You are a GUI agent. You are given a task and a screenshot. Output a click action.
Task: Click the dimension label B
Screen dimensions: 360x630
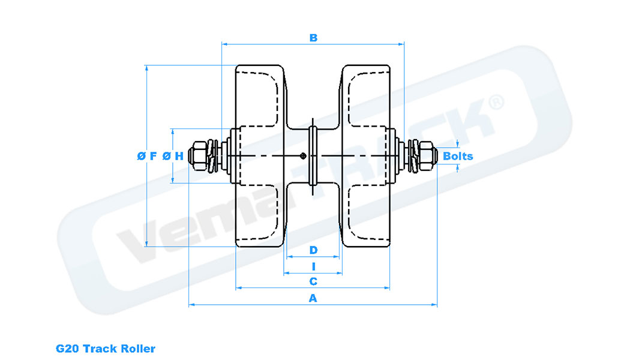(x=313, y=38)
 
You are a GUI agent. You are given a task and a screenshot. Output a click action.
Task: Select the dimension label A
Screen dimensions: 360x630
(x=313, y=298)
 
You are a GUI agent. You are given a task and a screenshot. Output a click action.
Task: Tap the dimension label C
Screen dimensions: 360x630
(x=313, y=281)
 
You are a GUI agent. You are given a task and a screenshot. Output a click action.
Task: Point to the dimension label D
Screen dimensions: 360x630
(x=313, y=249)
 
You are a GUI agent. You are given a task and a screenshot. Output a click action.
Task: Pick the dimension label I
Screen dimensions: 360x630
(x=313, y=266)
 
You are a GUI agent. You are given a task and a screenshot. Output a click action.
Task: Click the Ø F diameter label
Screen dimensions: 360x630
(x=147, y=156)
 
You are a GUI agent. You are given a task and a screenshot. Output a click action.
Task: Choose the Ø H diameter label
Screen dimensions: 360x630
(x=173, y=156)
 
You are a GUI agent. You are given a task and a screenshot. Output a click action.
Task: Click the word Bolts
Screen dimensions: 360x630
(x=458, y=157)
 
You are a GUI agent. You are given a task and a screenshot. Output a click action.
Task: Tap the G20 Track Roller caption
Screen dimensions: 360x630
(x=106, y=348)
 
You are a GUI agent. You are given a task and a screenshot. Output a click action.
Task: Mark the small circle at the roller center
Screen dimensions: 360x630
(x=304, y=156)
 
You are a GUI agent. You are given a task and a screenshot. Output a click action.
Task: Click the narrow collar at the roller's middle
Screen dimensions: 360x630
(x=313, y=156)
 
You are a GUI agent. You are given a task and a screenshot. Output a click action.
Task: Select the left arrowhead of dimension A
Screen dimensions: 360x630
(x=191, y=305)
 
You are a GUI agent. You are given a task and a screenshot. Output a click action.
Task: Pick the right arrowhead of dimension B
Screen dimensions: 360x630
(x=402, y=44)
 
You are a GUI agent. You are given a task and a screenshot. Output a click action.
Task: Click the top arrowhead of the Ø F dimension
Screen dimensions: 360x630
(x=146, y=68)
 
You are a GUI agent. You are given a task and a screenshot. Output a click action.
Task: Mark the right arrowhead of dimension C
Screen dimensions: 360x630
(x=388, y=288)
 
